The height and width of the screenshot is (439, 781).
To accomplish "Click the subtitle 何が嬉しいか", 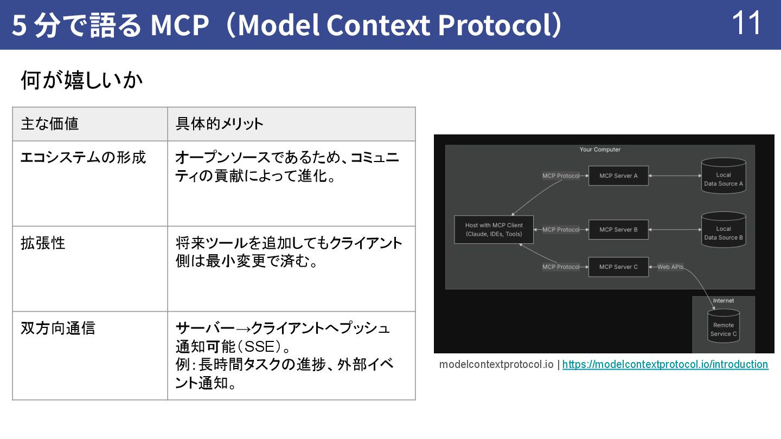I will (x=81, y=81).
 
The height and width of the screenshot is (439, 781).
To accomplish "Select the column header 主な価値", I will (x=50, y=124).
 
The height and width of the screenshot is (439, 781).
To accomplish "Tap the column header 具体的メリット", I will (x=219, y=124).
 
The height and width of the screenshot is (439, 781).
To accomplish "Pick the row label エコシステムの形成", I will (x=83, y=158).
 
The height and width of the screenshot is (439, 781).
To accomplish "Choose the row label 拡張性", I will (x=43, y=243).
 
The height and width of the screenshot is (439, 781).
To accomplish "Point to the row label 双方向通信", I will (x=57, y=328).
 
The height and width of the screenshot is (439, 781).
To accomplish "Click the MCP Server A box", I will (x=618, y=176).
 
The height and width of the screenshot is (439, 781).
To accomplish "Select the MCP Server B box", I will (x=618, y=230).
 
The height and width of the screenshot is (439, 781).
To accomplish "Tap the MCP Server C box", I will (x=618, y=267).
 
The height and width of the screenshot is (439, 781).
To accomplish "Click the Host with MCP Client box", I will (x=494, y=230).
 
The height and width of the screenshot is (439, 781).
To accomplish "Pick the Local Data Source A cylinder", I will (x=724, y=177).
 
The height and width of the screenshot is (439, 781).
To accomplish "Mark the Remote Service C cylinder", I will (x=724, y=327).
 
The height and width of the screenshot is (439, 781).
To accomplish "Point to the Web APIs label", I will (x=670, y=267).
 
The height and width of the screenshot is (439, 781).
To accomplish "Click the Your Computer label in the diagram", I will (x=600, y=150).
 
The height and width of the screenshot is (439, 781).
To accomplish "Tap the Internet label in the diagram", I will (x=724, y=300).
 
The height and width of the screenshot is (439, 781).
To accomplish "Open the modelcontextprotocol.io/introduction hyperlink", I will (x=665, y=365).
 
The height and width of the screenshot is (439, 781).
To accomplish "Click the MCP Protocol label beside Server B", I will (x=561, y=230).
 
